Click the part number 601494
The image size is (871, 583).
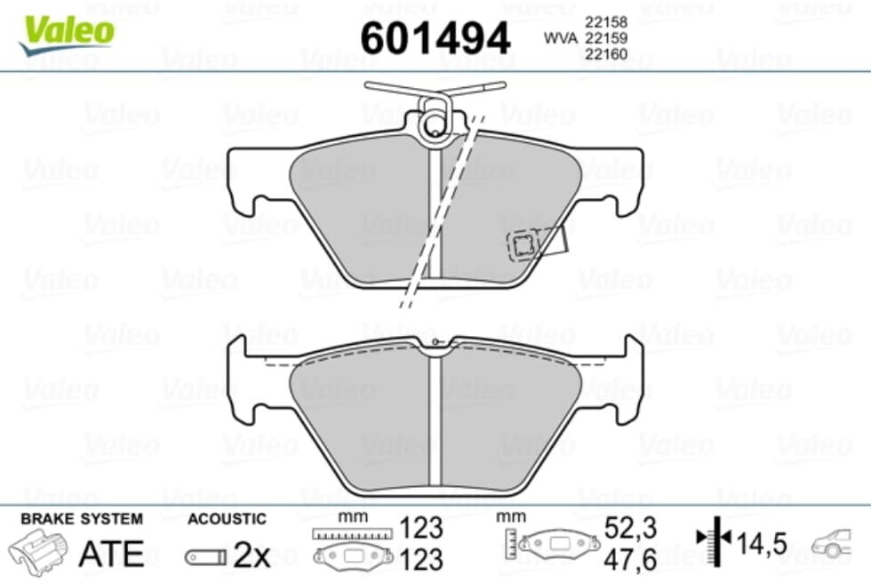point(435,38)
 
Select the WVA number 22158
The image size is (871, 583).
point(606,22)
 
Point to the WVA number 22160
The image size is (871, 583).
point(606,54)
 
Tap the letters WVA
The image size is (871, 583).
point(561,37)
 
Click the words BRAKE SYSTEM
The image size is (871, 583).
point(82,519)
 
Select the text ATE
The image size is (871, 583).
point(111,554)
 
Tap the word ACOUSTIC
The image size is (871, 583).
point(227,519)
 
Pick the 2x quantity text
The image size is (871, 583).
point(251,555)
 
